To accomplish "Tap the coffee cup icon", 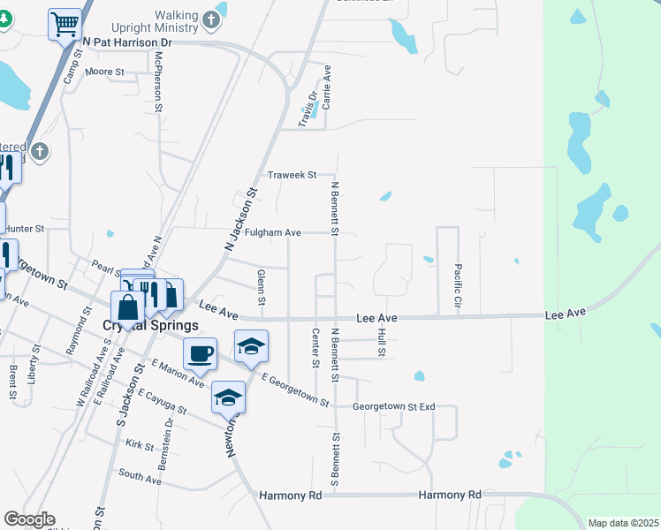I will click(200, 353).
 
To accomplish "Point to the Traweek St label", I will click(293, 176).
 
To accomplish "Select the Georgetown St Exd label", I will click(394, 407).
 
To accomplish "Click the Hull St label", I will click(382, 342).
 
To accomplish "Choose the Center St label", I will click(315, 344).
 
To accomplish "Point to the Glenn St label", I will click(261, 285).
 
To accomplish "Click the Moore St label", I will click(103, 72).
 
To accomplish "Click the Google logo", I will click(28, 519).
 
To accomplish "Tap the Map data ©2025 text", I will click(623, 523).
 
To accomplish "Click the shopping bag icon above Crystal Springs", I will click(128, 308).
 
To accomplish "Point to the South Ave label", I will click(140, 478).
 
